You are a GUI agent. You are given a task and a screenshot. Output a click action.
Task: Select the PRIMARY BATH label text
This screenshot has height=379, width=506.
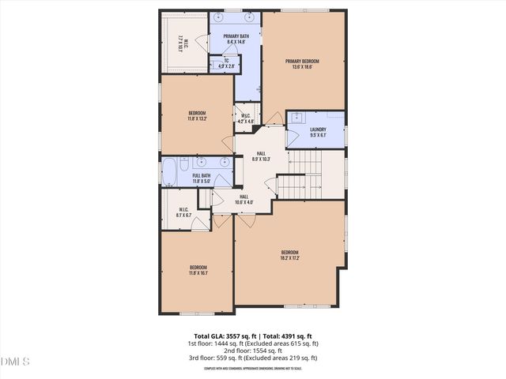tap(235, 38)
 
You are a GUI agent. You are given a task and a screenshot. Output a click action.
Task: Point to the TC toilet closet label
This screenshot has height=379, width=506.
tap(225, 63)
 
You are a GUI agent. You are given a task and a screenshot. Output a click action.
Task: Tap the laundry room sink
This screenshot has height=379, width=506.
tap(296, 118)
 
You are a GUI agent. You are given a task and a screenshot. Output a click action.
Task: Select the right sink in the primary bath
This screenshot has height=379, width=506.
tap(248, 17)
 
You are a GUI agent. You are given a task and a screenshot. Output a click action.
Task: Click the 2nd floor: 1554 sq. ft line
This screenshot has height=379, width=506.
tap(253, 351)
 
